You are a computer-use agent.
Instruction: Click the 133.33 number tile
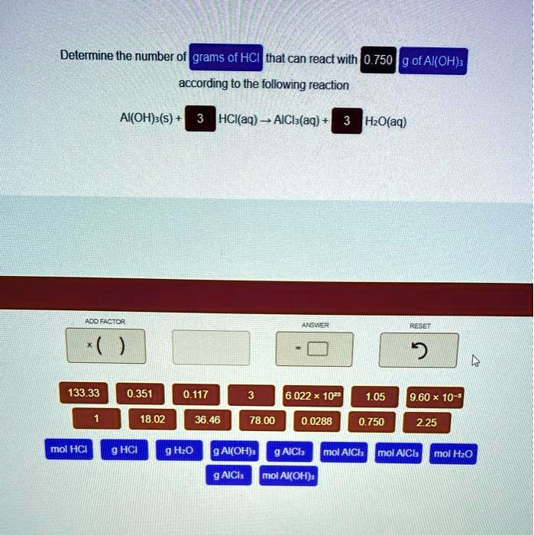pos(83,394)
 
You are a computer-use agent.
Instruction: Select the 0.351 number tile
pos(140,394)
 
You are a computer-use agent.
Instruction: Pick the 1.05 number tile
pos(375,396)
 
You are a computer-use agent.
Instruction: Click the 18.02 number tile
pos(152,420)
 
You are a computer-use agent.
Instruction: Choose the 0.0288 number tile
pos(316,420)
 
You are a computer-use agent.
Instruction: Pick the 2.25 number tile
pos(426,421)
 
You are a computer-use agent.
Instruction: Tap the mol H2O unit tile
pos(454,454)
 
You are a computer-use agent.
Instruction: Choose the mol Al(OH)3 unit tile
pos(288,476)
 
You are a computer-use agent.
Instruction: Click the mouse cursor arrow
pos(475,360)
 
